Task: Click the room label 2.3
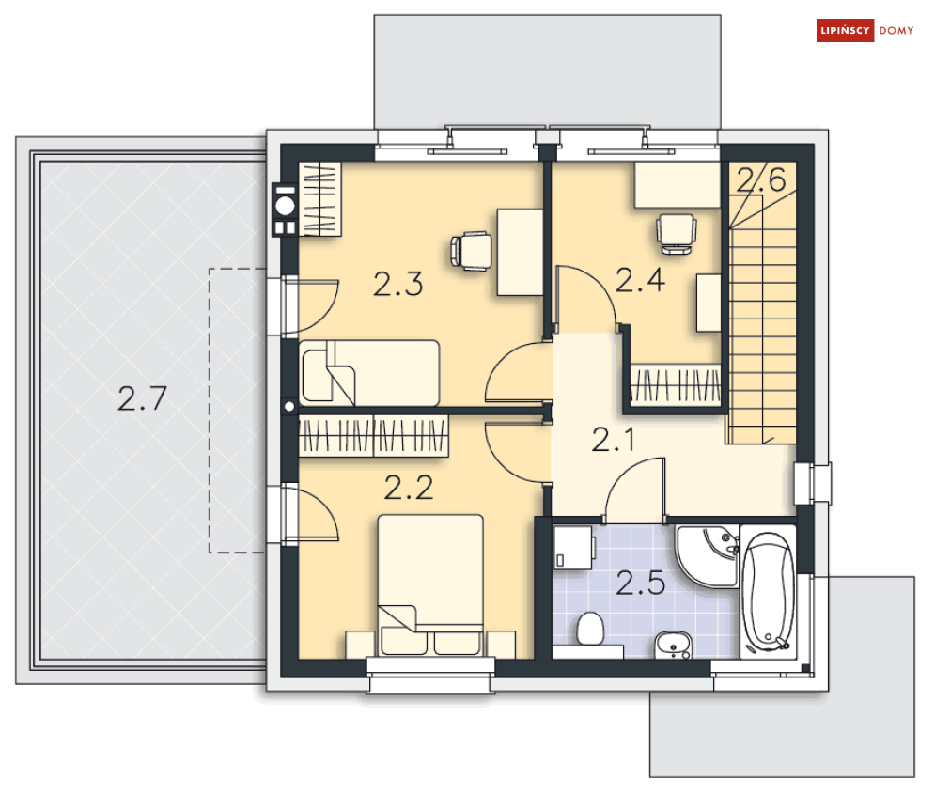coord(398,284)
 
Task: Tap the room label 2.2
coord(409,488)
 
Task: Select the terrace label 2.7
coord(142,398)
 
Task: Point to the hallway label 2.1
coord(613,440)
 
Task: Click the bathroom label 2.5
coord(641,583)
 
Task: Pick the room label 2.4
coord(640,280)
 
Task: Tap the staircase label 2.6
coord(761,179)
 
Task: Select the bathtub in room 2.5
coord(768,592)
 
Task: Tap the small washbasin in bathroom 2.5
coord(673,645)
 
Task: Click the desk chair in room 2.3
coord(471,251)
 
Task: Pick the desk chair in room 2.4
coord(677,234)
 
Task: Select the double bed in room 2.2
coord(430,584)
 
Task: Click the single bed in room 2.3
coord(369,373)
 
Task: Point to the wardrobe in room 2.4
coord(676,385)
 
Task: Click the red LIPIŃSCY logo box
coord(845,30)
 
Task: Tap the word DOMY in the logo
coord(896,30)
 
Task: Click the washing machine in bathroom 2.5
coord(573,547)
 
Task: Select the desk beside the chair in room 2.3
coord(520,252)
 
